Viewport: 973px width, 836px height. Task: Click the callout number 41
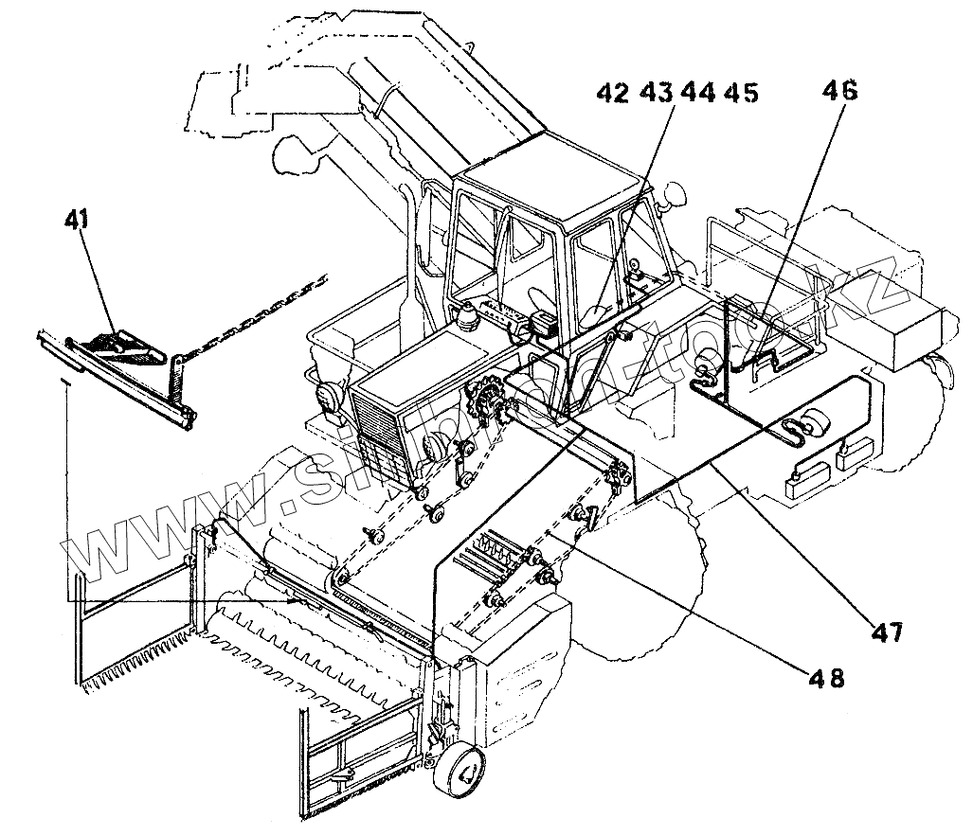pos(77,220)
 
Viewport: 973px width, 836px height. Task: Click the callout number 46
pos(840,92)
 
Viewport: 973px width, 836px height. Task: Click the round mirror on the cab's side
pos(675,197)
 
